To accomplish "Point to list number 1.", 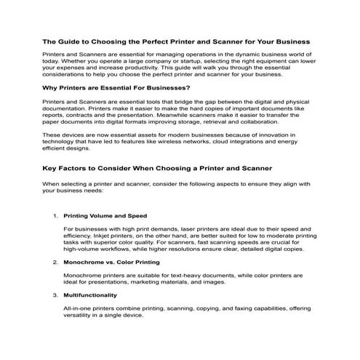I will click(55, 216).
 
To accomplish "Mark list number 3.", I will click(55, 295).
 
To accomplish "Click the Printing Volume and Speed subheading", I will click(105, 216).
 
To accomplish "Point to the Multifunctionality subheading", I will click(90, 295).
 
